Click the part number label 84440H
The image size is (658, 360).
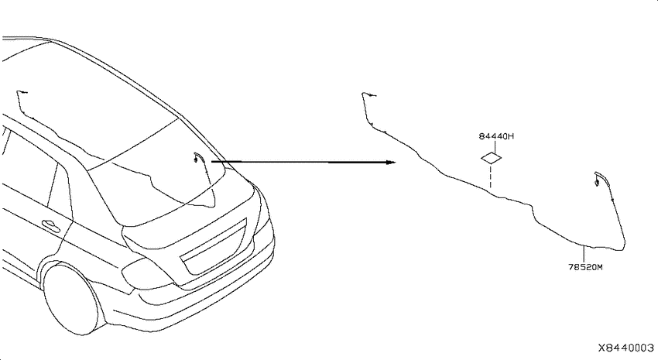point(496,136)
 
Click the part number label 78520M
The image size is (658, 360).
point(585,267)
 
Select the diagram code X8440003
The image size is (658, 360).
point(625,348)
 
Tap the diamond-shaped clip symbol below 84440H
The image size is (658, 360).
point(491,158)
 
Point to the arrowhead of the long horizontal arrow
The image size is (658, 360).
point(391,162)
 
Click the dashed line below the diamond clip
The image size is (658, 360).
point(490,177)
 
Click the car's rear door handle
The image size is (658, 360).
point(50,225)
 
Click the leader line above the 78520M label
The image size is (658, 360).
point(584,254)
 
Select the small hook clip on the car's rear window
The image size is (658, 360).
point(197,158)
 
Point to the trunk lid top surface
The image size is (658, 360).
point(189,214)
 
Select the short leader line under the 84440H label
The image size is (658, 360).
point(495,146)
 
